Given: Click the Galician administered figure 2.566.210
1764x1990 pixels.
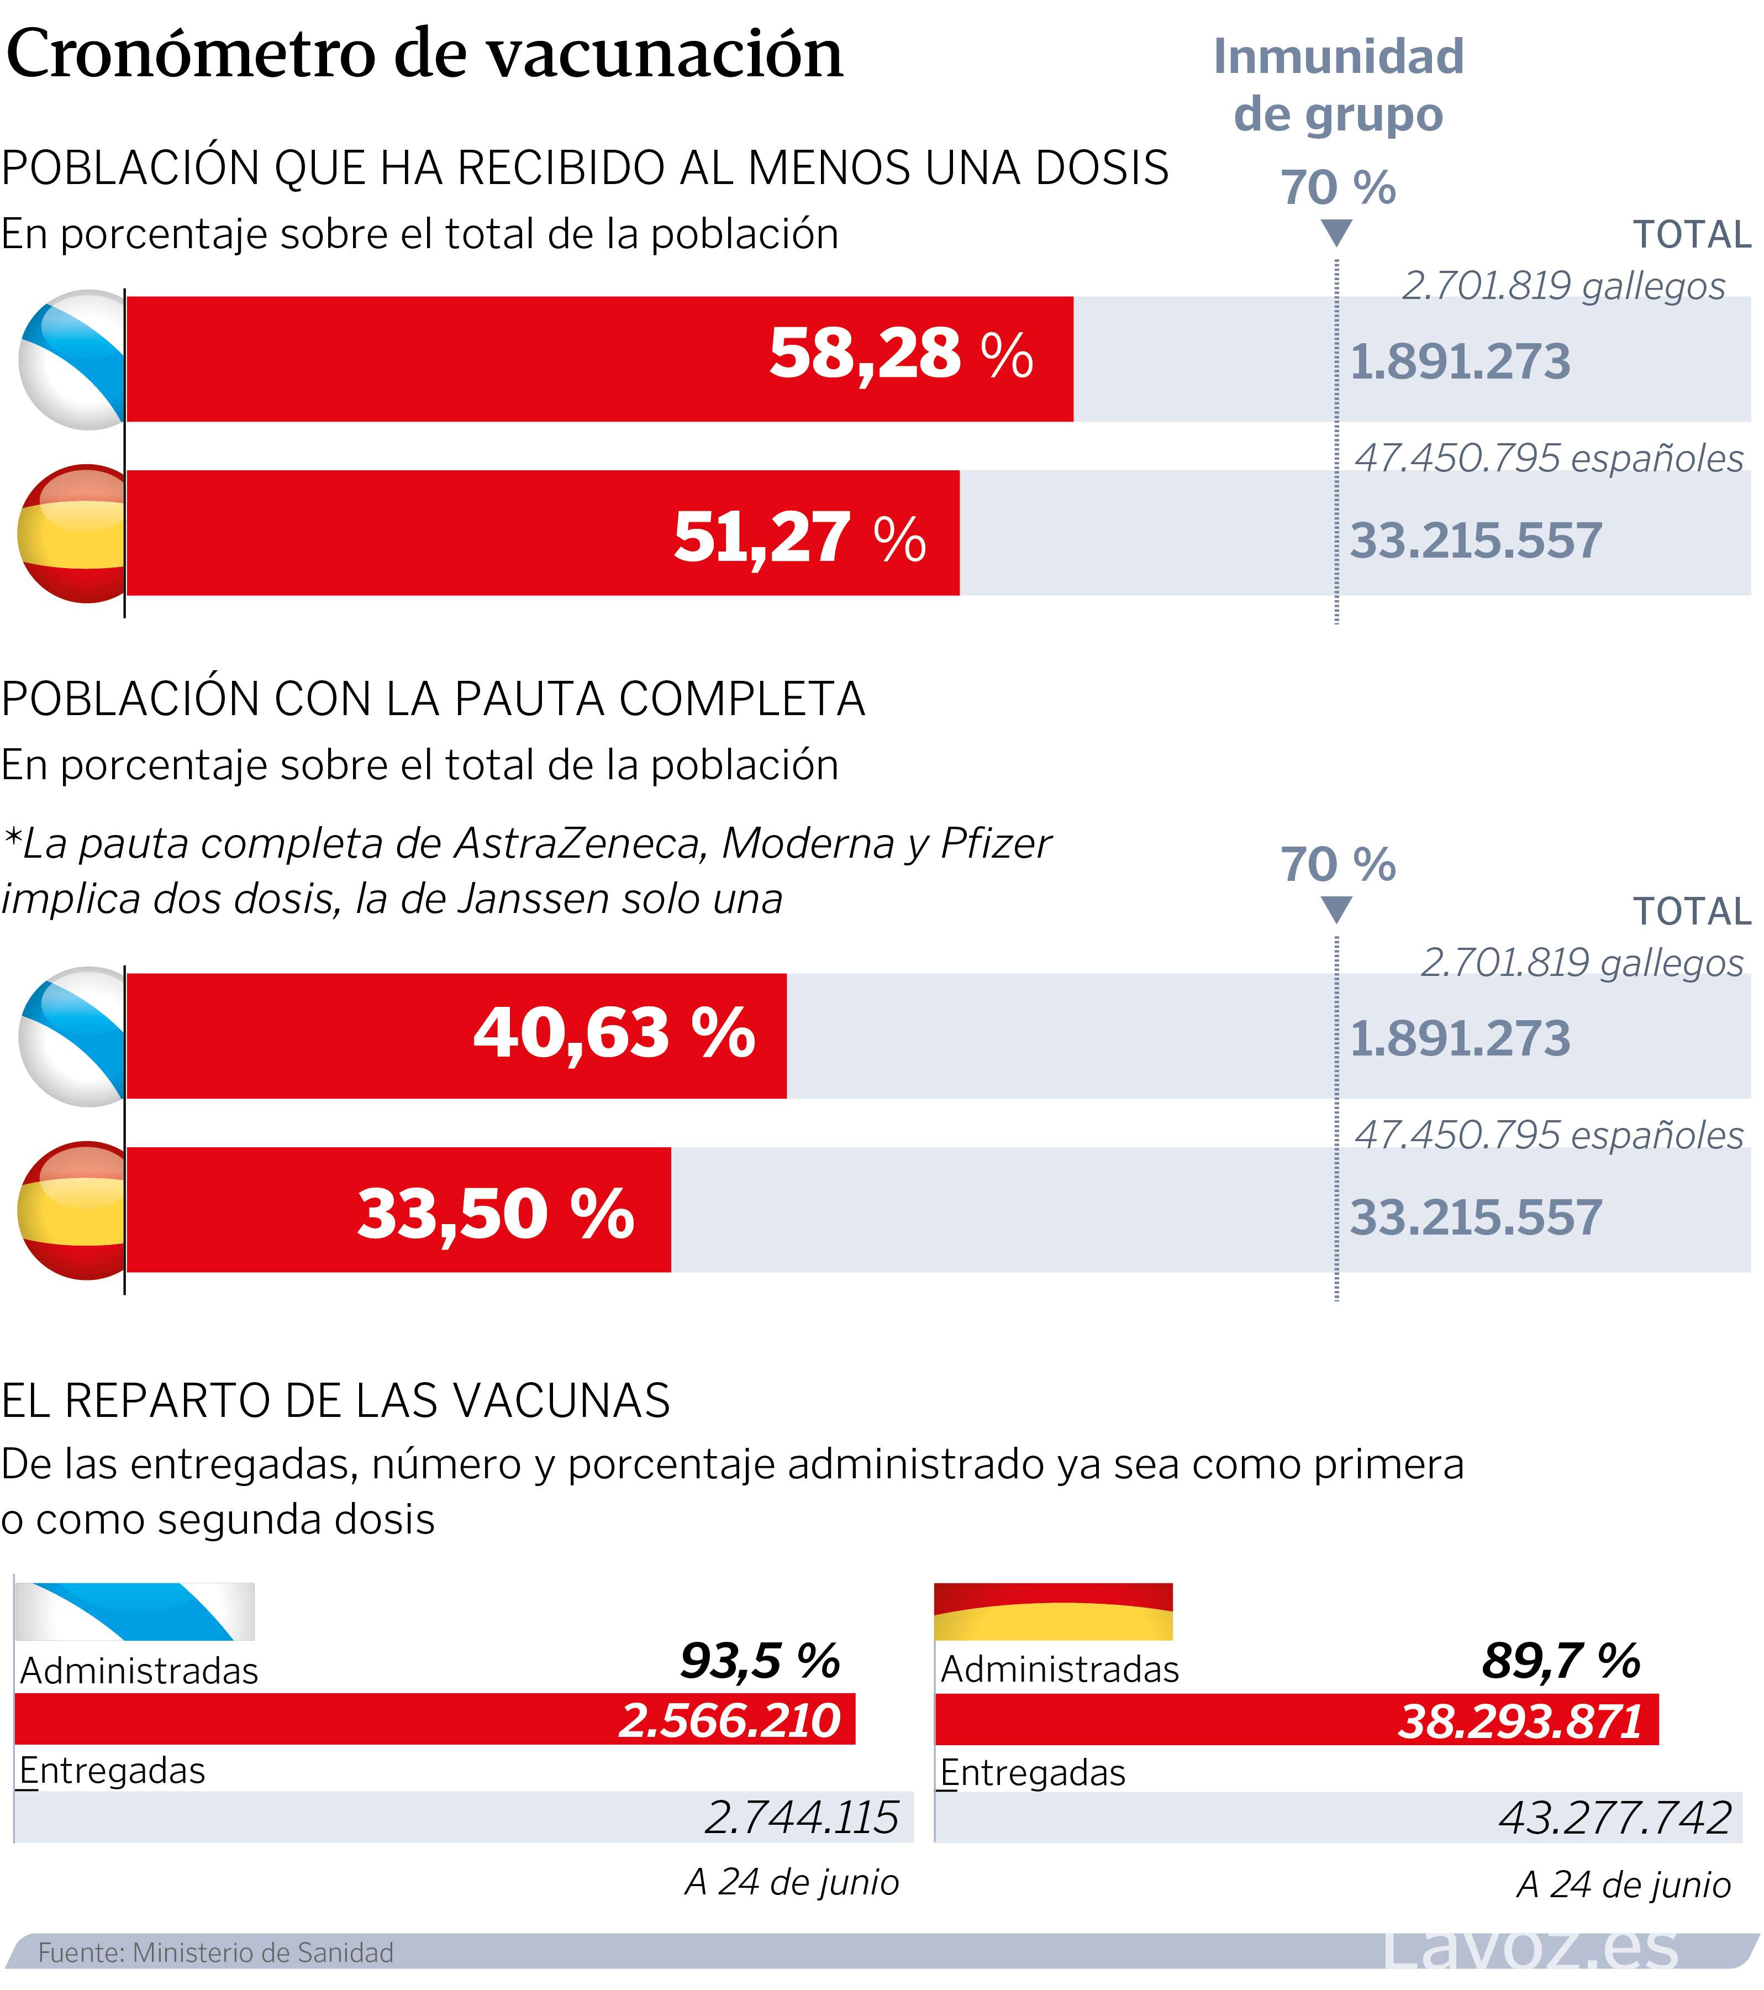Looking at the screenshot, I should (730, 1720).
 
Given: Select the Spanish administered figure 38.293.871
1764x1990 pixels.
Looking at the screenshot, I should (1520, 1721).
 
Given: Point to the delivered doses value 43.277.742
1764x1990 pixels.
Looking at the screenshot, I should (1615, 1818).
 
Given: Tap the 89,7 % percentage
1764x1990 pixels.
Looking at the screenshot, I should (1561, 1661).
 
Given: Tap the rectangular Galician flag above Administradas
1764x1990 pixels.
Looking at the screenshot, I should (134, 1611).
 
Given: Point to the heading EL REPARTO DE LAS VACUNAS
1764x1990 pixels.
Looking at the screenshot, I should (336, 1401).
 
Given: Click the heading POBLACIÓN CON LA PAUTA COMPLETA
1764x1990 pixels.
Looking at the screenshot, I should (433, 699).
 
